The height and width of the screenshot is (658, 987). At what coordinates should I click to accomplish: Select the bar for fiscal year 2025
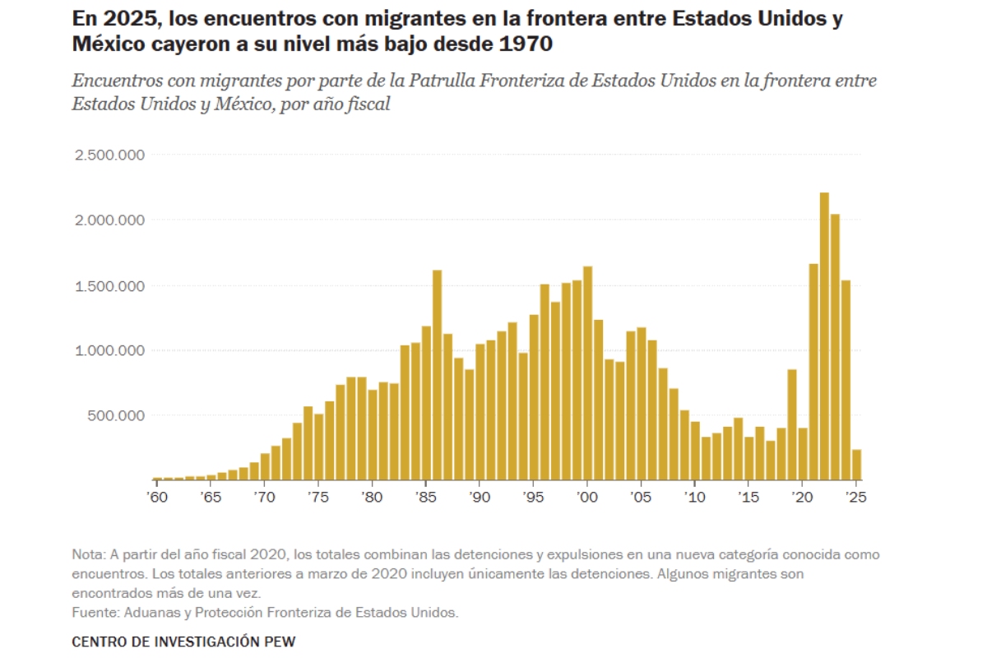coord(856,465)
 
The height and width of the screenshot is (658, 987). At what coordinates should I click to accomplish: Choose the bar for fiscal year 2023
coord(835,346)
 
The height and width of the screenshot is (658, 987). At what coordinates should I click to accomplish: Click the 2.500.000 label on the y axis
coord(109,155)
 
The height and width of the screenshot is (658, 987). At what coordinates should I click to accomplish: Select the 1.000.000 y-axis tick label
coord(109,350)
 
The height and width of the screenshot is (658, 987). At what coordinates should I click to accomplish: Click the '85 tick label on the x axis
coord(426,497)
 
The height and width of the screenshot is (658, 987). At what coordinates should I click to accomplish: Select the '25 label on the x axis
coord(856,497)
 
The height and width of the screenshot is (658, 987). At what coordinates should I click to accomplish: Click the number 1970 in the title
coord(526,44)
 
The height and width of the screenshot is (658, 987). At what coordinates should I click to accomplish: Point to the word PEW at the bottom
coord(278,642)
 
